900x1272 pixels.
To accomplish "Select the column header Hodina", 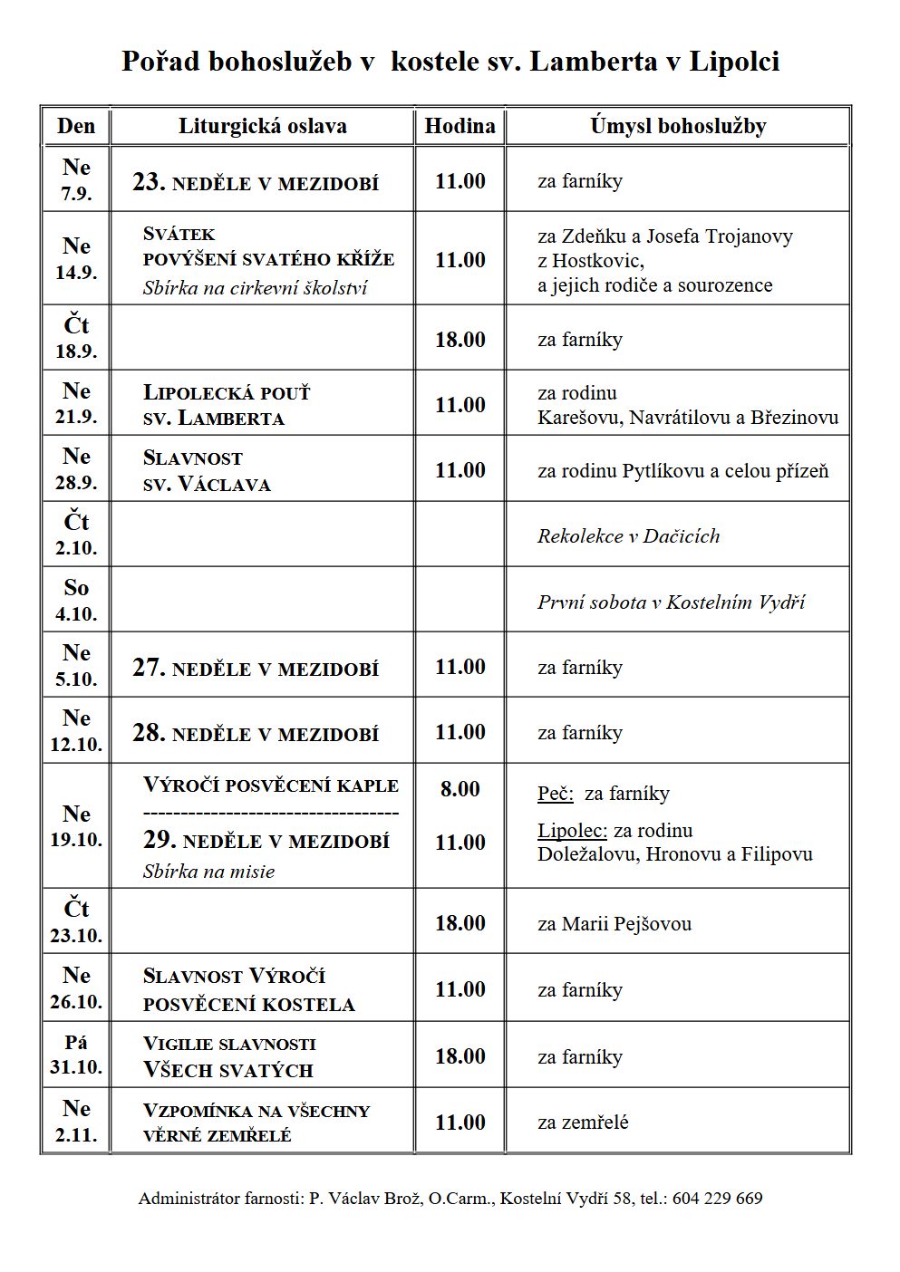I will pyautogui.click(x=460, y=126).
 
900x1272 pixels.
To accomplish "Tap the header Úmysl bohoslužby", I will pyautogui.click(x=677, y=126).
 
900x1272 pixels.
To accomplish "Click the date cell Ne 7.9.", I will pyautogui.click(x=76, y=179).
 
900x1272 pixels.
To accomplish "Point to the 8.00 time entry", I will pyautogui.click(x=460, y=789).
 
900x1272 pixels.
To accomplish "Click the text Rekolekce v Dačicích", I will pyautogui.click(x=628, y=535).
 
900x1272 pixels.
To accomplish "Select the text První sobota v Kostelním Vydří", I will pyautogui.click(x=671, y=602).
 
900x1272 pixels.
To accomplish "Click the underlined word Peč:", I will pyautogui.click(x=555, y=795).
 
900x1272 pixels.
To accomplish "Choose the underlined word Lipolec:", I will pyautogui.click(x=572, y=831).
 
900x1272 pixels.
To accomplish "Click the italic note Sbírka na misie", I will pyautogui.click(x=208, y=872).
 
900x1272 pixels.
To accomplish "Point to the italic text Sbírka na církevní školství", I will pyautogui.click(x=255, y=288).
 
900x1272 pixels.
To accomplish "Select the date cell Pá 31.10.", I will pyautogui.click(x=76, y=1055).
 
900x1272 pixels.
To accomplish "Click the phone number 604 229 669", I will pyautogui.click(x=717, y=1199).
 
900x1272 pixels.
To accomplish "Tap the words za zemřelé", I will pyautogui.click(x=583, y=1123).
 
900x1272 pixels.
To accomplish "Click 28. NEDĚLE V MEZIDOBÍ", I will pyautogui.click(x=256, y=733).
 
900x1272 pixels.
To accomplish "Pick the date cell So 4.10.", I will pyautogui.click(x=76, y=600).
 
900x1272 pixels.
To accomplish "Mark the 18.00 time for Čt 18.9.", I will pyautogui.click(x=460, y=340).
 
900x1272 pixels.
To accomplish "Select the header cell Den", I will pyautogui.click(x=76, y=126).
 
